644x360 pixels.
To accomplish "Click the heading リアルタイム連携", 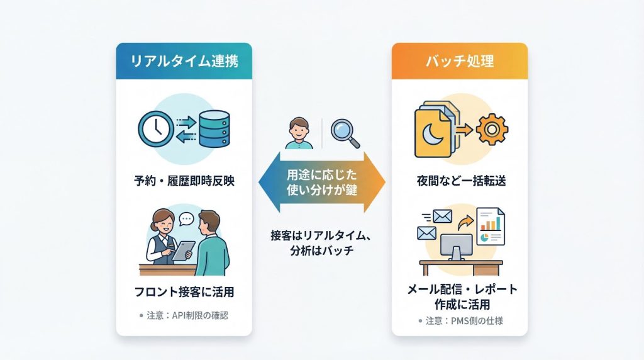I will point(184,62).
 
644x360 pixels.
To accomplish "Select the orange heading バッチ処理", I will point(459,62).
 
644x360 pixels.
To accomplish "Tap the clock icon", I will point(155,128).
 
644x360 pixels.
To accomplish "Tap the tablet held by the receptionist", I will point(182,250).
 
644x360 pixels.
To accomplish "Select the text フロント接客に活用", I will point(184,292).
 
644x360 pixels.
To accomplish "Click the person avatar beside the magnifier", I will point(299,133).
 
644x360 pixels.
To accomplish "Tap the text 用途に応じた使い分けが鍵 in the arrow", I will point(322,182).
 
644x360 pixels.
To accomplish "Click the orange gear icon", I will point(492,130).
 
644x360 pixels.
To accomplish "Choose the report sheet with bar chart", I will point(491,226).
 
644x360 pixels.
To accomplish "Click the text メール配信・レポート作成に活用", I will point(459,296).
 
